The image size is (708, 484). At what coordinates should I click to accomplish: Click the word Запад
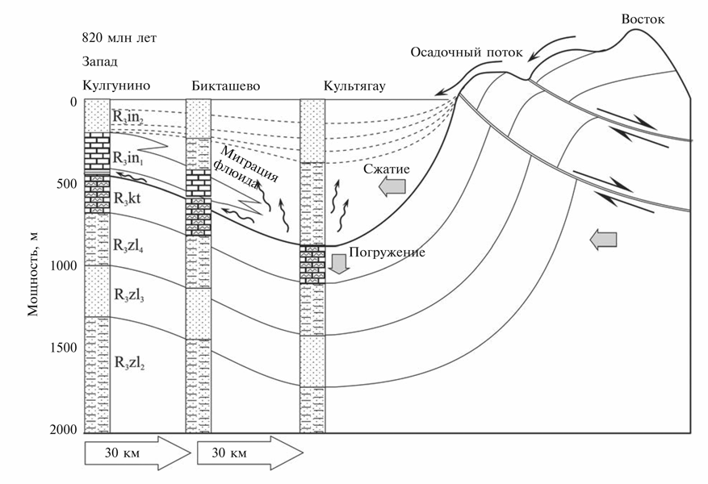[x=99, y=61]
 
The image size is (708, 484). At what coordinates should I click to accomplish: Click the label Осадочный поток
[x=467, y=53]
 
